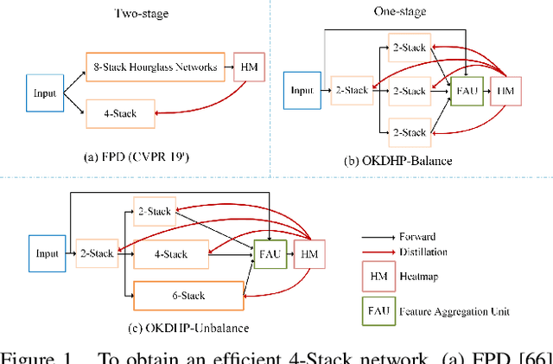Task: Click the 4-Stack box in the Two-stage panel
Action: (120, 112)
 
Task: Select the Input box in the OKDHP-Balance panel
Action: (302, 89)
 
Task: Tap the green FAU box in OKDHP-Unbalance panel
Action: (268, 253)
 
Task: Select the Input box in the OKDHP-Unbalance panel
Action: (46, 253)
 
